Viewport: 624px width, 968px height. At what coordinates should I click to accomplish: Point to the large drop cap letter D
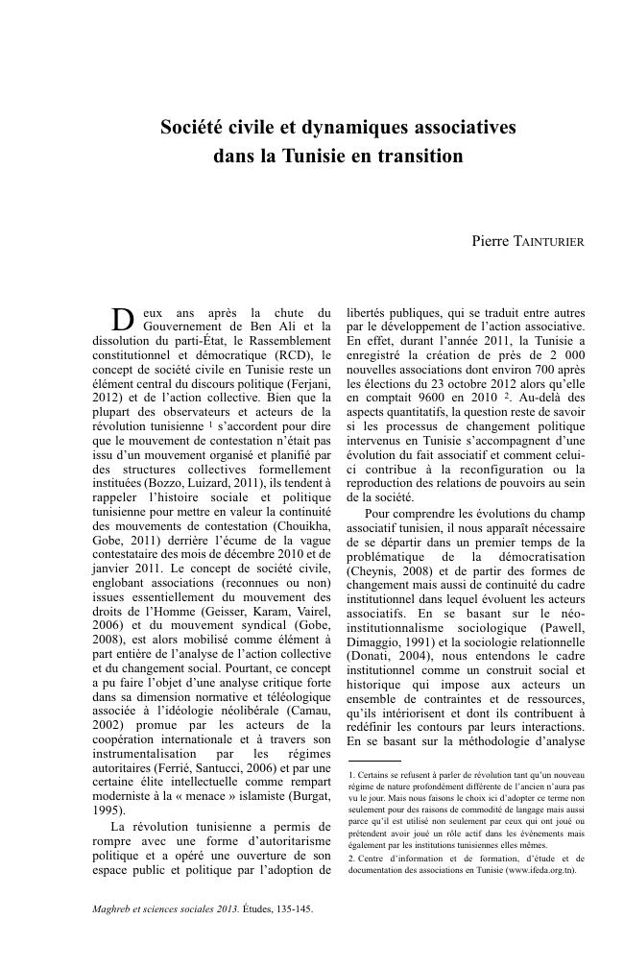point(121,320)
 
